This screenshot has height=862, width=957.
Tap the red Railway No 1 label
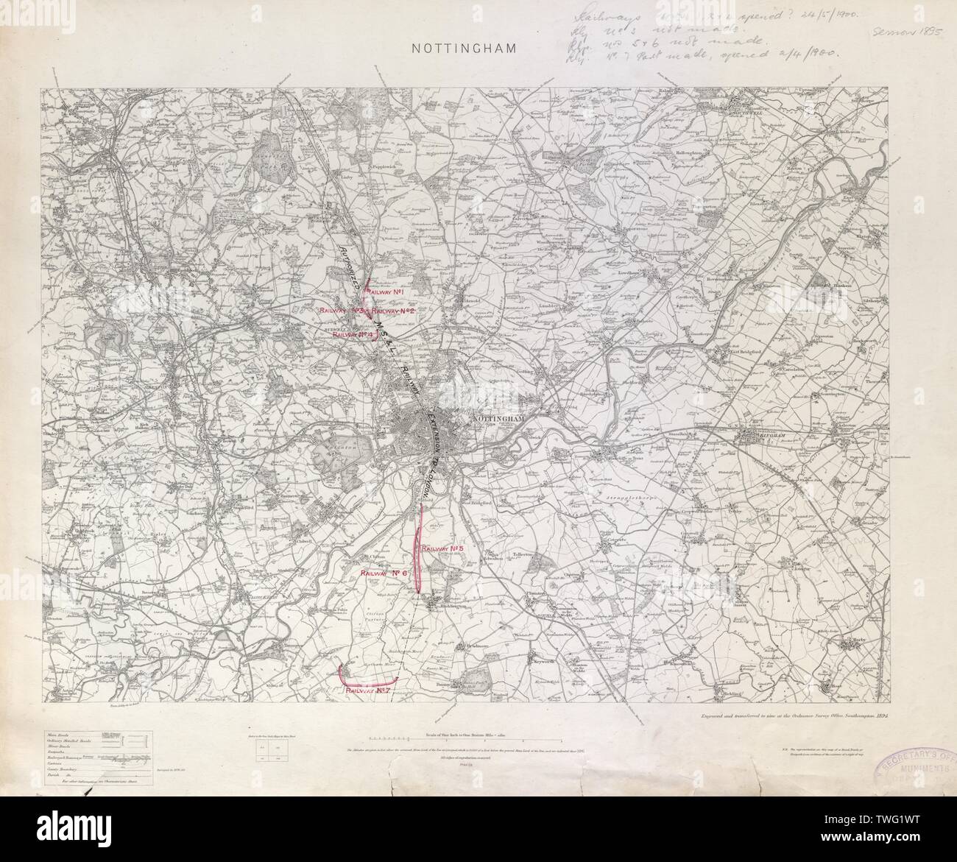(x=389, y=292)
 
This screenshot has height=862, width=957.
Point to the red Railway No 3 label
(x=342, y=311)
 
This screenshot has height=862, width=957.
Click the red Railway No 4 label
(x=354, y=334)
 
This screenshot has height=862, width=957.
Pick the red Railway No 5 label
(x=442, y=548)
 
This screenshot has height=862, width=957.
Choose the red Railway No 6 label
(x=384, y=573)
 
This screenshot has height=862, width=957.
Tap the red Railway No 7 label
(x=368, y=691)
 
